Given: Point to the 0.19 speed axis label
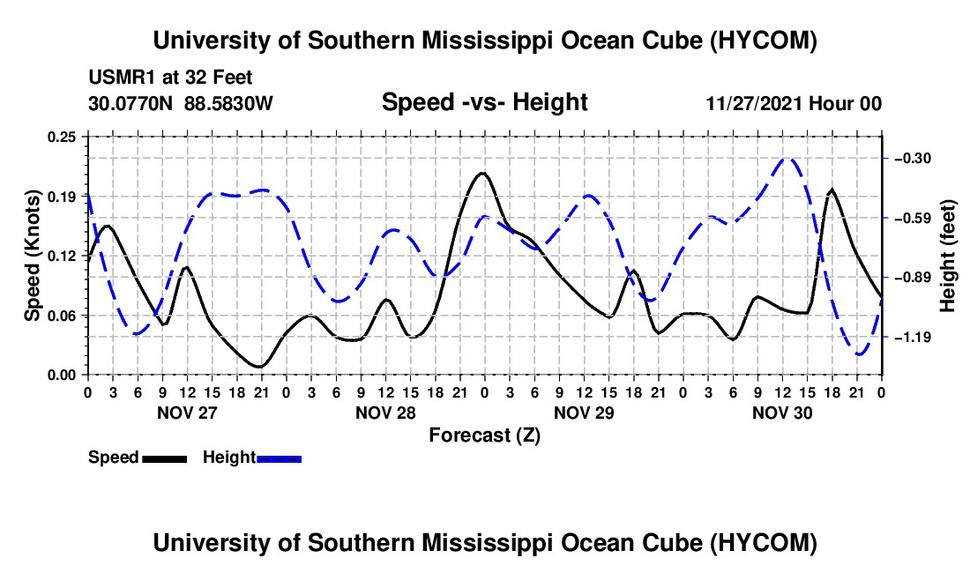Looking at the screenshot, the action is [62, 197].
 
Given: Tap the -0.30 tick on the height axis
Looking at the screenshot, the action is [913, 159].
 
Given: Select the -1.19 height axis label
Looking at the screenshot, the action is [913, 338].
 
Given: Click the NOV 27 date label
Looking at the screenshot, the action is [187, 413].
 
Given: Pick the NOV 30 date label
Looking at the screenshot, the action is [782, 413].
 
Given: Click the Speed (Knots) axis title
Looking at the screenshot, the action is [32, 256].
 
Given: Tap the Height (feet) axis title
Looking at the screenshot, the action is [948, 256].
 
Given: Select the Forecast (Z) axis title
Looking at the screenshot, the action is [484, 435].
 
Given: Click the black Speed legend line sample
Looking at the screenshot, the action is [165, 459].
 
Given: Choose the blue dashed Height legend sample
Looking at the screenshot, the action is [279, 459].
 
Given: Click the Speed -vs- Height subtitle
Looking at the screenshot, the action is [484, 102].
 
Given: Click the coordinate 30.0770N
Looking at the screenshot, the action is [131, 103].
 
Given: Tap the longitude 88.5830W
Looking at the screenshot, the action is [228, 103].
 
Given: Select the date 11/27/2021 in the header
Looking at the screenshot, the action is [754, 103].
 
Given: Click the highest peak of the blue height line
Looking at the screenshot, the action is [787, 159].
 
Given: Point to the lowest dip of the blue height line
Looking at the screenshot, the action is [859, 354].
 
